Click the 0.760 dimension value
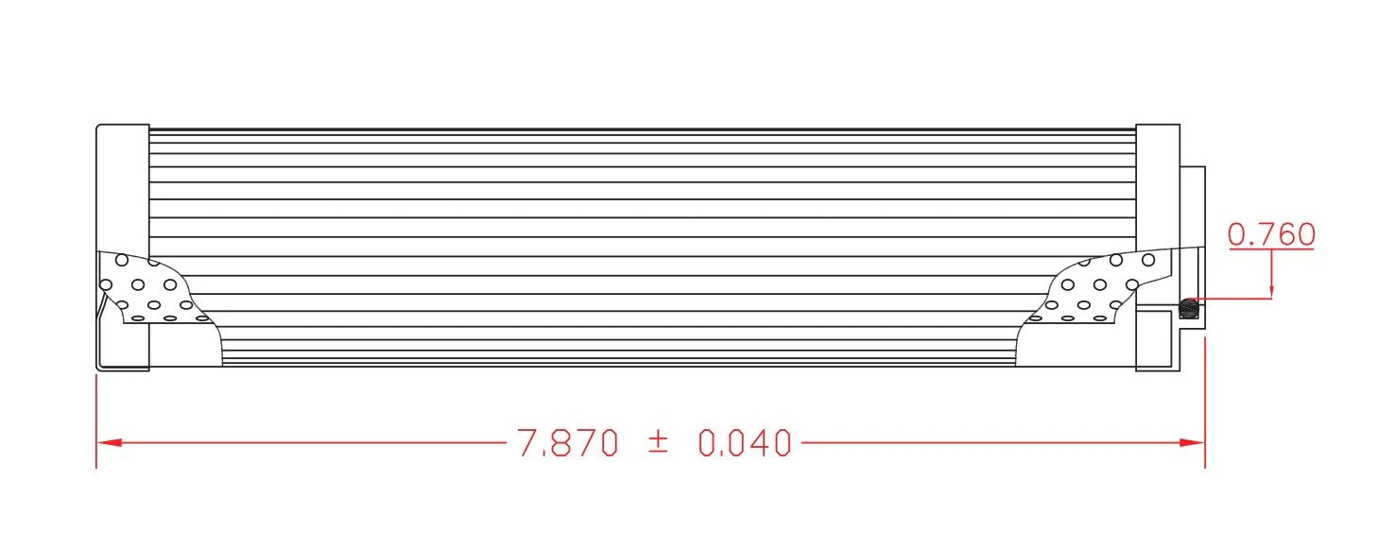[x=1271, y=234]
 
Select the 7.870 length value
[x=567, y=442]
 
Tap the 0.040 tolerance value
[x=745, y=442]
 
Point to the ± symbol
[x=658, y=441]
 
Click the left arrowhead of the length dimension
[x=108, y=442]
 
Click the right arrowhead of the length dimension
[x=1193, y=442]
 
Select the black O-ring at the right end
[x=1189, y=308]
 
